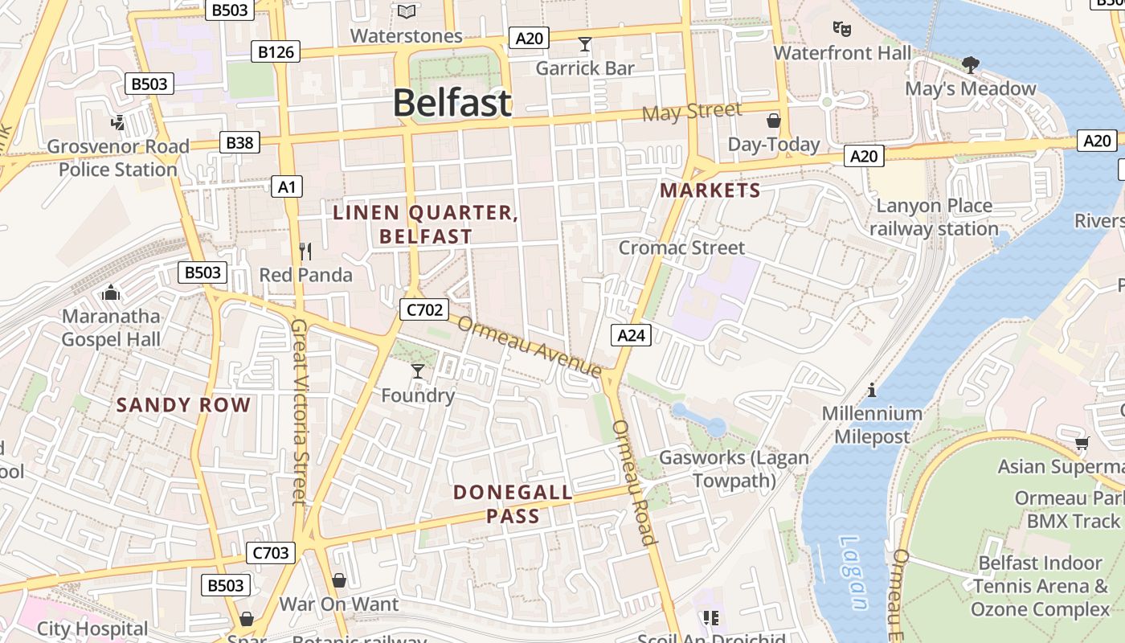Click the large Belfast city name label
pyautogui.click(x=452, y=103)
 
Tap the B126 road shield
pyautogui.click(x=276, y=52)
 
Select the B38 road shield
pyautogui.click(x=239, y=143)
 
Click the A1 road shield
pyautogui.click(x=287, y=187)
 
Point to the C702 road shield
pyautogui.click(x=423, y=309)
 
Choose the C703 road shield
pyautogui.click(x=271, y=553)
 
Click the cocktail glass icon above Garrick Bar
pyautogui.click(x=585, y=44)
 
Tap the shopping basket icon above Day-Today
pyautogui.click(x=773, y=121)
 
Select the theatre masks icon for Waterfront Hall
pyautogui.click(x=841, y=29)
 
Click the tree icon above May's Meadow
pyautogui.click(x=971, y=64)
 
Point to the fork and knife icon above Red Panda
pyautogui.click(x=305, y=252)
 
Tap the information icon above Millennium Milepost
pyautogui.click(x=872, y=391)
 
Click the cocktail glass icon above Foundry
pyautogui.click(x=417, y=371)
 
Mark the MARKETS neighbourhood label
pyautogui.click(x=710, y=190)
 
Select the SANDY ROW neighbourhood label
pyautogui.click(x=184, y=405)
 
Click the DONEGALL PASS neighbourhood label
pyautogui.click(x=513, y=504)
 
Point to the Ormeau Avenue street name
pyautogui.click(x=530, y=346)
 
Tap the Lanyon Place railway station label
pyautogui.click(x=934, y=217)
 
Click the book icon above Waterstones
pyautogui.click(x=407, y=12)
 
